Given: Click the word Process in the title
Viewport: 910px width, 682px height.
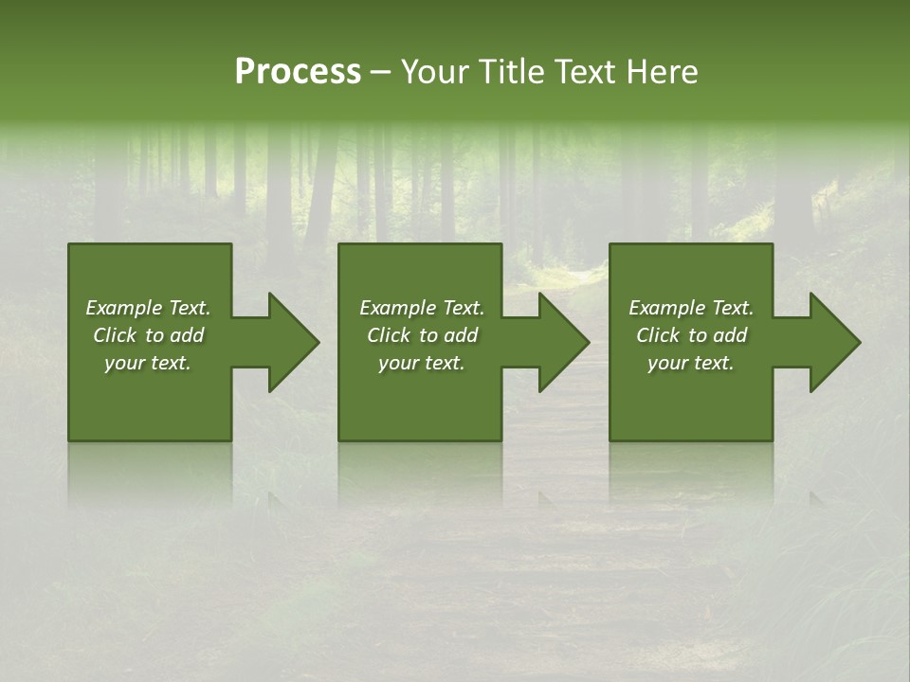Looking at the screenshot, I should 298,72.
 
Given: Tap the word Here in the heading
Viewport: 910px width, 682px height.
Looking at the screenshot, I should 663,72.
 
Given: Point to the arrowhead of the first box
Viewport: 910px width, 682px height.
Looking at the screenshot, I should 293,342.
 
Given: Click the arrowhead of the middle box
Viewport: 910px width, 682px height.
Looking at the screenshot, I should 563,342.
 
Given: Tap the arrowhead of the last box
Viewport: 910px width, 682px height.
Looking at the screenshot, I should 834,342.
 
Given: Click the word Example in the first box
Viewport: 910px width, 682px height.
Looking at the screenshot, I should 124,308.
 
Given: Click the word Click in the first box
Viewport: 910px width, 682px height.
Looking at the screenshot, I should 115,335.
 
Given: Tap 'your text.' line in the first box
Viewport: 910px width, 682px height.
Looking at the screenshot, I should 148,363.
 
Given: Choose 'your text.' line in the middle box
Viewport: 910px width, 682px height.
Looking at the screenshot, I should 422,363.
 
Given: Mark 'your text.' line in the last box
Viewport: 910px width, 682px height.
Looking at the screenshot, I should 691,363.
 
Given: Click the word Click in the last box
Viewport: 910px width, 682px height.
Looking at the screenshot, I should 658,335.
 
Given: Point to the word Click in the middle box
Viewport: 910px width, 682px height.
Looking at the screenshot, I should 389,335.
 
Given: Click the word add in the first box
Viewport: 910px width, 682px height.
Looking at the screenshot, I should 187,335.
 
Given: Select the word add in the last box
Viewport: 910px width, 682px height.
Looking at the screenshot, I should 730,335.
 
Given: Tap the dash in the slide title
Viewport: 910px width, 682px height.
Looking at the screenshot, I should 381,73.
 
